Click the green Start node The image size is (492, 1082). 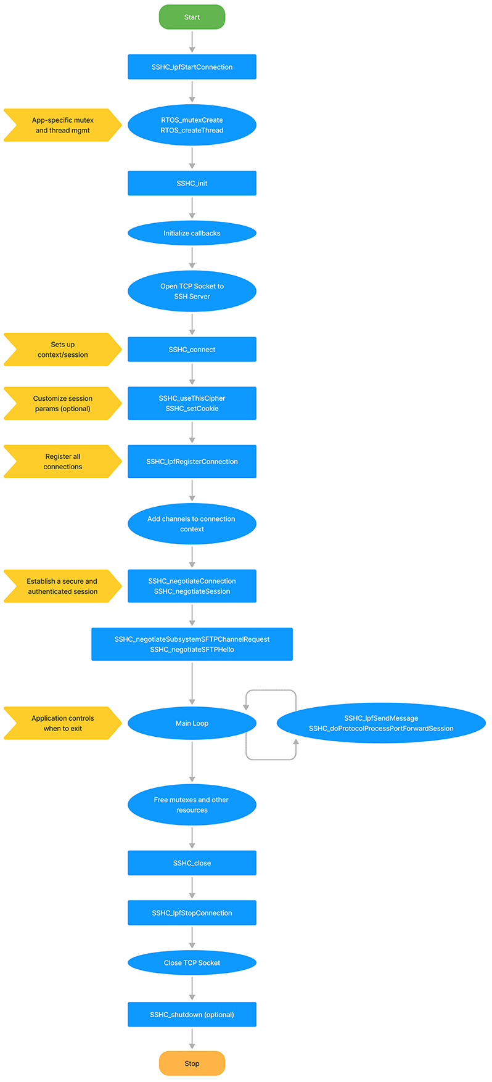click(192, 17)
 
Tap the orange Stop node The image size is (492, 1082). click(192, 1063)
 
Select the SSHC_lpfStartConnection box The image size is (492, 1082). click(192, 67)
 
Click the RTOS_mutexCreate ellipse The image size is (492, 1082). click(192, 125)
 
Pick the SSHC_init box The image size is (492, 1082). click(192, 183)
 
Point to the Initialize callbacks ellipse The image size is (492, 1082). click(192, 233)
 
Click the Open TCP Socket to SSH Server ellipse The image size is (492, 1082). click(192, 291)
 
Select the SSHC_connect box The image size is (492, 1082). click(192, 350)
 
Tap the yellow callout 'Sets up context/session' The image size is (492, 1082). click(62, 350)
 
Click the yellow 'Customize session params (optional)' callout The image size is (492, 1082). click(62, 403)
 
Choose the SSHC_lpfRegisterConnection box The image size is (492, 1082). click(192, 461)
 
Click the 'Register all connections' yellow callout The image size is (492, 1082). click(62, 461)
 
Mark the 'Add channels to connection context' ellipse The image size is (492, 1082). click(192, 524)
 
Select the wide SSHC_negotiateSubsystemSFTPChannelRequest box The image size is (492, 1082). click(192, 644)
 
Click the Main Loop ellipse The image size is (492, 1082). click(192, 723)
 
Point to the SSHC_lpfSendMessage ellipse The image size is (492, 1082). click(381, 723)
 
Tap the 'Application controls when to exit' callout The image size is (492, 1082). click(62, 723)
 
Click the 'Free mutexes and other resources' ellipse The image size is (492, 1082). click(192, 805)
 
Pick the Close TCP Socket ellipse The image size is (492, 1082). click(192, 962)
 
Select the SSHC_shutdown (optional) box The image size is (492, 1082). click(192, 1014)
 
